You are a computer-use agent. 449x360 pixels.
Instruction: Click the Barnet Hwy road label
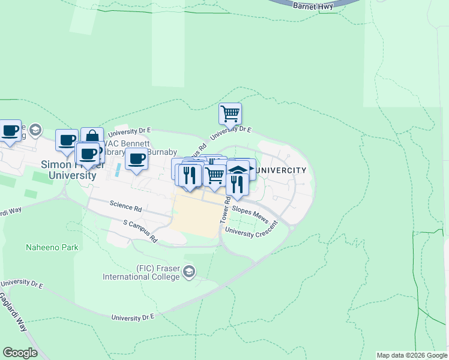(313, 5)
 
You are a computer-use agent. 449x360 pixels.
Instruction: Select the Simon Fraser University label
(68, 170)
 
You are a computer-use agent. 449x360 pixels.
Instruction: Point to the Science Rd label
(125, 205)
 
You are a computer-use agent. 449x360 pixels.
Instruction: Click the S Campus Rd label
(140, 230)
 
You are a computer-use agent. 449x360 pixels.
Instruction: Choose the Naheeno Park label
(52, 247)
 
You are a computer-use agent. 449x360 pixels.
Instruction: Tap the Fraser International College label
(149, 272)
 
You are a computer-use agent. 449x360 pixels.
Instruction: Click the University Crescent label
(252, 229)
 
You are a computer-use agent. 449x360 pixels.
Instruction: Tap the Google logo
(20, 353)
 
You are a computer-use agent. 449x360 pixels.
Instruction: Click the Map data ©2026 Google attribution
(411, 355)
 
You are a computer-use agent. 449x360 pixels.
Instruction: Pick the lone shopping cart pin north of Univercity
(230, 113)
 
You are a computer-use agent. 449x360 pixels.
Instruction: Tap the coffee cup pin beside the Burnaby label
(137, 159)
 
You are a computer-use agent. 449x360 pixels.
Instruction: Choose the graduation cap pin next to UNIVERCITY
(238, 170)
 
